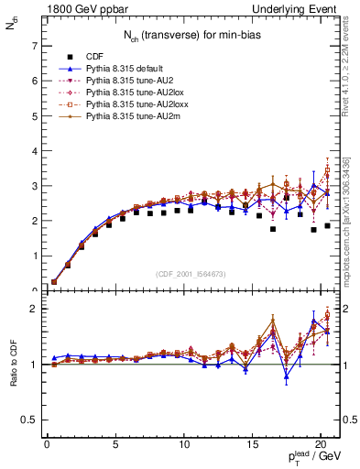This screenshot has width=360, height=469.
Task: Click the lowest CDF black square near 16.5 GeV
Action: click(x=273, y=230)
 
